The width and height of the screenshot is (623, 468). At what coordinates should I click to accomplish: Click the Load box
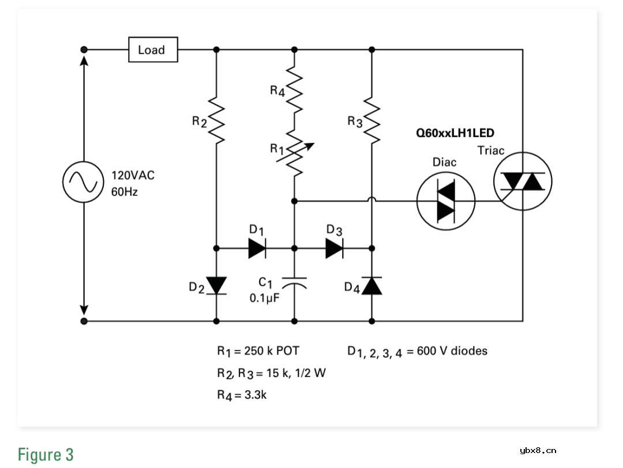pos(152,50)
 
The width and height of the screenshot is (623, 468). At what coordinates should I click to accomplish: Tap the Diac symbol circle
pos(445,201)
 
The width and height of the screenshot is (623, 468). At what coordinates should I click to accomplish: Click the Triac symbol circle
pos(523,182)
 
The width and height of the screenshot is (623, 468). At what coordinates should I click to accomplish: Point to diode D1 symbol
pos(257,248)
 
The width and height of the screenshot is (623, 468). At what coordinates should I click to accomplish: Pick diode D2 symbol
pos(217,285)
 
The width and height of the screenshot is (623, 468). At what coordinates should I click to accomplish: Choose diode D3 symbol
pos(334,248)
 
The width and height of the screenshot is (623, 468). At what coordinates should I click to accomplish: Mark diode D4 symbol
pos(371,285)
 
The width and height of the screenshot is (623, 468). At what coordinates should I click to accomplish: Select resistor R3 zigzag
pos(371,121)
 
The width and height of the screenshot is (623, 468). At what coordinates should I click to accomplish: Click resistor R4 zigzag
pos(294,90)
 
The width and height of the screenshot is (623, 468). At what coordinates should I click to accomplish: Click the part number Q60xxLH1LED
pos(455,133)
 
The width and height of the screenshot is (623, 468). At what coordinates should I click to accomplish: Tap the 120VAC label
pos(133,175)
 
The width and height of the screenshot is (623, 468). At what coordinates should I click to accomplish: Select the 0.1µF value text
pos(264,298)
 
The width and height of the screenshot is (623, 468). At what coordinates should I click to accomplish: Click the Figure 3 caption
pos(46,454)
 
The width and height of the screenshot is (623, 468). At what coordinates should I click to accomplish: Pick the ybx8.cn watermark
pos(538,451)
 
